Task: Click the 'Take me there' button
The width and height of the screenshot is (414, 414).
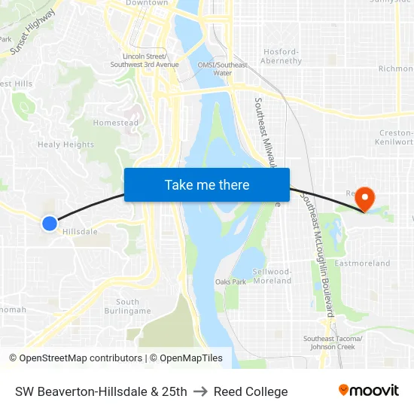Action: pos(207,184)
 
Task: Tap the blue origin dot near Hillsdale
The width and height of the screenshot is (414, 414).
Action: pos(50,223)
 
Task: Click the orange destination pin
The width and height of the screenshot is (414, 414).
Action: pos(365,199)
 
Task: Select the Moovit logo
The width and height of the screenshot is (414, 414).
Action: pos(368,391)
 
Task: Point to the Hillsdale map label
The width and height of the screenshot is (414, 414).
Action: pos(80,232)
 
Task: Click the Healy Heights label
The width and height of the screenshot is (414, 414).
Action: pos(66,145)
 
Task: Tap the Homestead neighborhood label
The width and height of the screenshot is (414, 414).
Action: pos(115,123)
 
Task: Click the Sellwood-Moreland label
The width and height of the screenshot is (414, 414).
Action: pos(273,275)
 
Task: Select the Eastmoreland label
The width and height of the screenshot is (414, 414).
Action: pos(362,263)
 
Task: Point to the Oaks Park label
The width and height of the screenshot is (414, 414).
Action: pos(230,282)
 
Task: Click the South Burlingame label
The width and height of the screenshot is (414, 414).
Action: pos(127,306)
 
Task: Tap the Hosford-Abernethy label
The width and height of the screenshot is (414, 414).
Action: pos(282,56)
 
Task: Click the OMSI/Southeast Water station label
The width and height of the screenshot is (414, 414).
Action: pos(222,68)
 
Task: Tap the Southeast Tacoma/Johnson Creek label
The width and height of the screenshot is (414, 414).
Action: pos(333,342)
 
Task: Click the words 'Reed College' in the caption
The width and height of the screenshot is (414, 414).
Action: pos(251,391)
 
